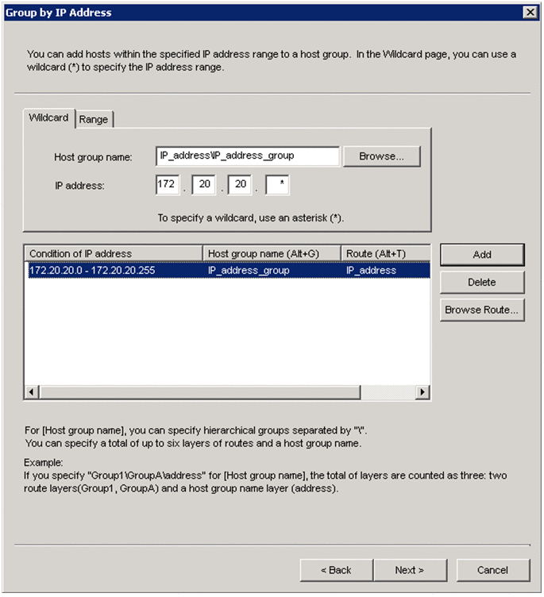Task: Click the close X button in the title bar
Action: click(530, 12)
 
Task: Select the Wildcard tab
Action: click(48, 117)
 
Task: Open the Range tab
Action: click(94, 119)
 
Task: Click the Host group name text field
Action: click(249, 156)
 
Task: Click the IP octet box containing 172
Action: click(167, 186)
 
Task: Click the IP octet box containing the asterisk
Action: click(276, 186)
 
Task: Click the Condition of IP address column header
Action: click(114, 253)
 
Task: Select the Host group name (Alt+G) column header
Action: click(272, 253)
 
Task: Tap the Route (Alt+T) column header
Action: click(385, 253)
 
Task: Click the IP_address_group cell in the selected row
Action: click(272, 270)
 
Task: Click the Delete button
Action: click(481, 282)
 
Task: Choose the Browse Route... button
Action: click(481, 310)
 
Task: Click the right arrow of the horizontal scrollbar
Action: click(422, 392)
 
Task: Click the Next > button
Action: click(409, 570)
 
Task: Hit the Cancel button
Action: click(492, 570)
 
